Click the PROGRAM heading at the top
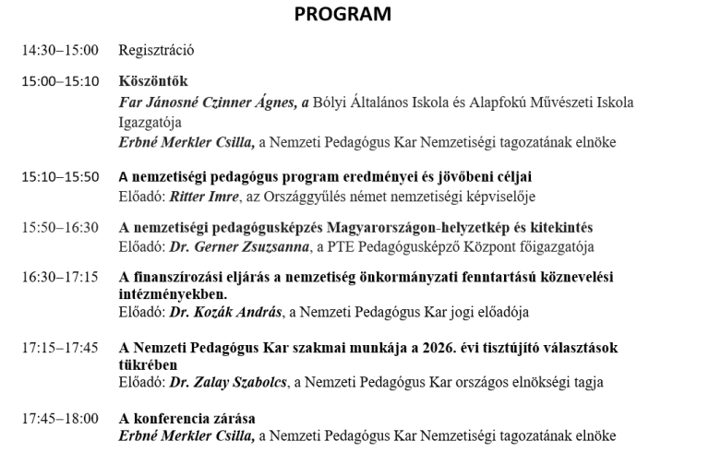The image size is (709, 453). click(x=342, y=15)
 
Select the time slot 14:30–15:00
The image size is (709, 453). click(x=60, y=50)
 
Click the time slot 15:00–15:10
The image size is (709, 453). click(x=60, y=81)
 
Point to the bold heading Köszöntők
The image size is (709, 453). click(x=153, y=81)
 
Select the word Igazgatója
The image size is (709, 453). click(x=150, y=122)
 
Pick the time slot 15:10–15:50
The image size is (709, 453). click(x=60, y=176)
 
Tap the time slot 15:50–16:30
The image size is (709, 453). click(x=60, y=227)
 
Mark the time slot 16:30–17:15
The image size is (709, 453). click(x=60, y=277)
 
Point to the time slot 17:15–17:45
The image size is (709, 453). click(x=60, y=348)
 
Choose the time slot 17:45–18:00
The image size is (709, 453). click(x=60, y=418)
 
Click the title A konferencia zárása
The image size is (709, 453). click(x=187, y=418)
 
